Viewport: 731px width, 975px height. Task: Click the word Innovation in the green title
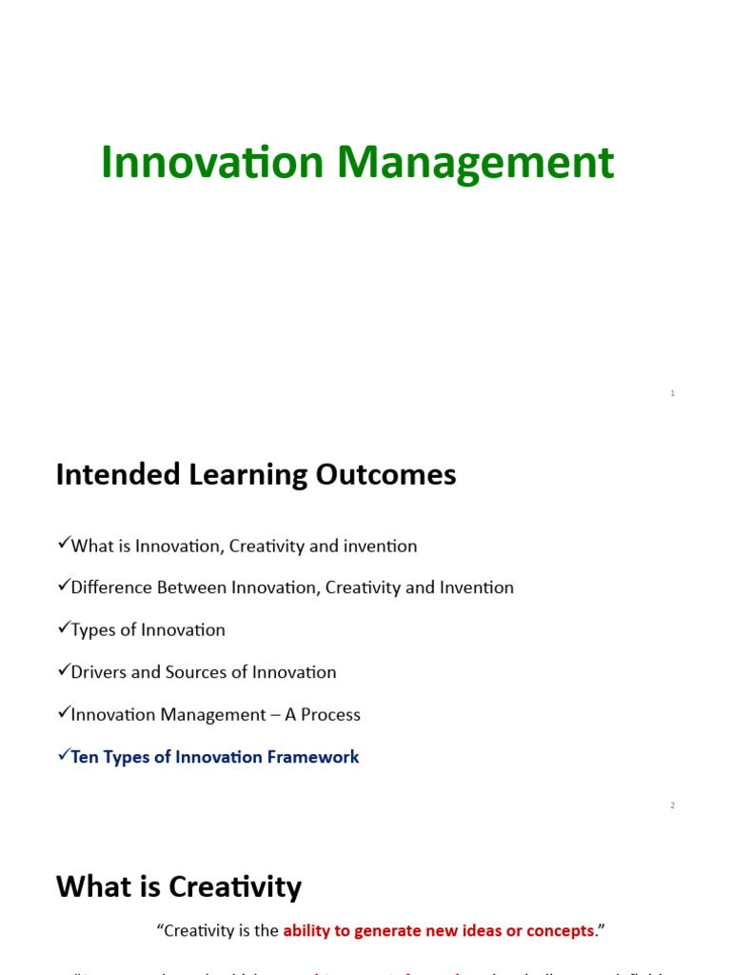tap(212, 162)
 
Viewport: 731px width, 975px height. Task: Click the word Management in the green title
tap(475, 164)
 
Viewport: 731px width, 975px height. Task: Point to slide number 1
tap(673, 393)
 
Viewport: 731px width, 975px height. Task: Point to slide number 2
tap(673, 806)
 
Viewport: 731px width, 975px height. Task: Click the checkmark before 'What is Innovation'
tap(64, 544)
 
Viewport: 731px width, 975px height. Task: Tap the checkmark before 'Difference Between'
tap(64, 586)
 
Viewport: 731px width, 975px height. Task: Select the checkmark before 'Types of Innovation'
tap(64, 627)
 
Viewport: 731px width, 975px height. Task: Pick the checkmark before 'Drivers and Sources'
tap(64, 669)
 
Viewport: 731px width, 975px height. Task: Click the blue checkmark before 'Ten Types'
tap(64, 755)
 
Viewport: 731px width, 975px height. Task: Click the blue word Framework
tap(313, 757)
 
